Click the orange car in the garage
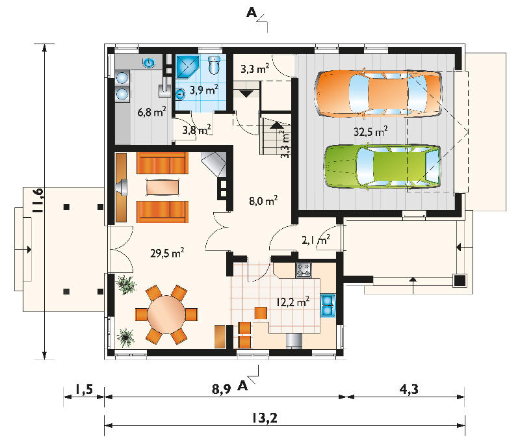pos(378,93)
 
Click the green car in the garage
pos(382,166)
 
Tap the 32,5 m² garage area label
pos(370,131)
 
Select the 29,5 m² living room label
pos(167,253)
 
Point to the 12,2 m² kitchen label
pos(293,302)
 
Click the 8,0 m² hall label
pos(263,201)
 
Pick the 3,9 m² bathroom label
pos(204,90)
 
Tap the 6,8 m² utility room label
pos(151,112)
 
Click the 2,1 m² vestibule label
pos(316,239)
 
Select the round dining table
pos(166,314)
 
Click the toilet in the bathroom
pos(214,65)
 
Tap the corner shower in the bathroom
pos(188,66)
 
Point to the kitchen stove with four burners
pos(304,270)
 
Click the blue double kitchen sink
pos(328,306)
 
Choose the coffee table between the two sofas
pos(162,187)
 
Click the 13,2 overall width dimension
pos(265,418)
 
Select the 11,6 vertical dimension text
pos(38,200)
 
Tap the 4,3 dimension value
pos(409,389)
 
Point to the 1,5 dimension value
pos(83,389)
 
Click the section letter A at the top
pos(252,12)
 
